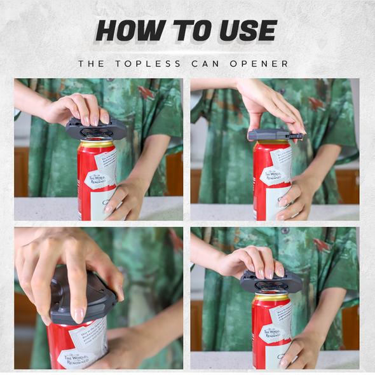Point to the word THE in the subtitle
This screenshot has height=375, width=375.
point(92,64)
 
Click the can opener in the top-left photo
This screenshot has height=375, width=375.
point(96,129)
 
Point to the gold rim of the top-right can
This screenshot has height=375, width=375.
point(272,145)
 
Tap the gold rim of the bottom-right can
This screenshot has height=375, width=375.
point(271,297)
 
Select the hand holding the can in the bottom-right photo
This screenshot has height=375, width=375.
point(299,350)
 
